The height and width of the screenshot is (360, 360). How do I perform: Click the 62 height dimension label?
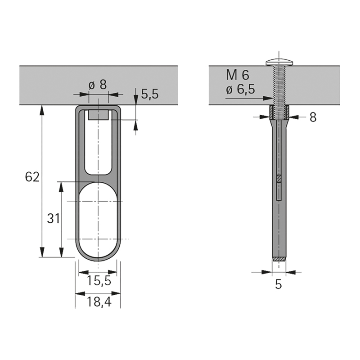pyautogui.click(x=32, y=177)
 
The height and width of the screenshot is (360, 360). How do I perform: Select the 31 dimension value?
pyautogui.click(x=54, y=218)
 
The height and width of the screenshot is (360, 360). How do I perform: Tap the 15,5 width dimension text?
pyautogui.click(x=99, y=280)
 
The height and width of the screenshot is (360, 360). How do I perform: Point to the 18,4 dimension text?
pyautogui.click(x=99, y=301)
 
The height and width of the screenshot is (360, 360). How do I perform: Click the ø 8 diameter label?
pyautogui.click(x=98, y=85)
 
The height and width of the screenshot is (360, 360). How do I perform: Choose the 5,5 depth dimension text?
pyautogui.click(x=150, y=94)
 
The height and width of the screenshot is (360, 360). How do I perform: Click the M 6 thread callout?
pyautogui.click(x=238, y=75)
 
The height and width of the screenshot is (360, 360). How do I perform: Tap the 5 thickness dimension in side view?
pyautogui.click(x=278, y=285)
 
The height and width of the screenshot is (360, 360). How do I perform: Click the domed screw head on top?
pyautogui.click(x=279, y=62)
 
